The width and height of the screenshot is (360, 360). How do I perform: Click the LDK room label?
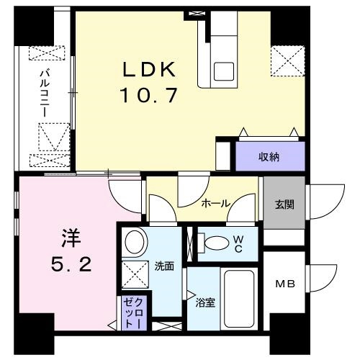[x=149, y=70]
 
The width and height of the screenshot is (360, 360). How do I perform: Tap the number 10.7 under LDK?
[x=150, y=95]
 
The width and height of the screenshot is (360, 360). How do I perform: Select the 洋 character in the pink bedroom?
[x=71, y=238]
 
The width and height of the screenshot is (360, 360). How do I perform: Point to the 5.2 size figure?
[x=71, y=265]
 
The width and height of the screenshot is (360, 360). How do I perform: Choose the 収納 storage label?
[x=269, y=157]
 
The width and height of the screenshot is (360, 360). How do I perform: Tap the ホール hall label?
[x=216, y=204]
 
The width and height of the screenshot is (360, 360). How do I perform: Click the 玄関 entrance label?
[x=284, y=204]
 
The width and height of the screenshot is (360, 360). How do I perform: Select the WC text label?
[x=238, y=244]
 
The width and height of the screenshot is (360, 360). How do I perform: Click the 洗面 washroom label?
[x=164, y=266]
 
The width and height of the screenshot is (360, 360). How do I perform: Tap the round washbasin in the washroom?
[x=135, y=242]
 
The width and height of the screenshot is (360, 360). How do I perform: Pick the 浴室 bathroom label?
[x=205, y=303]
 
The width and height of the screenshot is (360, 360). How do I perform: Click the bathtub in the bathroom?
[x=239, y=299]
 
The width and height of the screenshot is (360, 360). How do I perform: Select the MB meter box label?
[x=285, y=284]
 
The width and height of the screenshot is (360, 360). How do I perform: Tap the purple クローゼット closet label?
[x=134, y=313]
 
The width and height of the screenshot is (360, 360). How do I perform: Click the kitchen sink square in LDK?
[x=224, y=72]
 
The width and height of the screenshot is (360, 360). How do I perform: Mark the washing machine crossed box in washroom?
[x=135, y=274]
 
